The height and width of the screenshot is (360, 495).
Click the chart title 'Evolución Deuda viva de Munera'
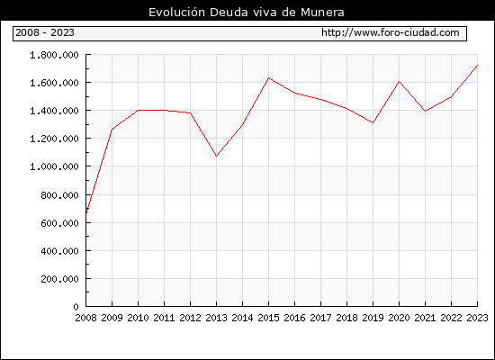[247, 13]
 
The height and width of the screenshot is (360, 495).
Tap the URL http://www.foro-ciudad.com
[391, 32]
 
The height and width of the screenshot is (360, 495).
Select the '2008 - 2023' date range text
[45, 32]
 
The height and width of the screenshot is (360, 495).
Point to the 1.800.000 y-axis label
[54, 55]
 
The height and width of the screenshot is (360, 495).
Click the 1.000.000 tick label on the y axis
[54, 166]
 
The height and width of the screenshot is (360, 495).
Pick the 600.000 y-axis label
[59, 223]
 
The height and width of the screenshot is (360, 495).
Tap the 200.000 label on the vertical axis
[59, 279]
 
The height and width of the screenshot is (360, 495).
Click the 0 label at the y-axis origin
[76, 307]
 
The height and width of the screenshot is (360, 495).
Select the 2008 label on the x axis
[85, 318]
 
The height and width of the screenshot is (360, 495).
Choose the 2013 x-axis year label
[216, 318]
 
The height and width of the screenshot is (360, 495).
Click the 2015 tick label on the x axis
[269, 318]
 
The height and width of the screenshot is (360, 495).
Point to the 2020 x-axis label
[399, 318]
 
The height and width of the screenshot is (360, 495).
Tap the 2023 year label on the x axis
[477, 318]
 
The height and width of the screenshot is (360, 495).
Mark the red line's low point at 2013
[216, 156]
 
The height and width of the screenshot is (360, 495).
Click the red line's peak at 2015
[269, 77]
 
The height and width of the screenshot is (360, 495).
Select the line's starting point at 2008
[86, 213]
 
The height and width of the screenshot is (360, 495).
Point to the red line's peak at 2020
[399, 82]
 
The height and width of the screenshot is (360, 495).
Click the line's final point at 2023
[477, 65]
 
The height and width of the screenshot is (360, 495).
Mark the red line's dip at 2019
[373, 122]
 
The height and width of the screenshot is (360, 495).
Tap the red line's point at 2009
[112, 129]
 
